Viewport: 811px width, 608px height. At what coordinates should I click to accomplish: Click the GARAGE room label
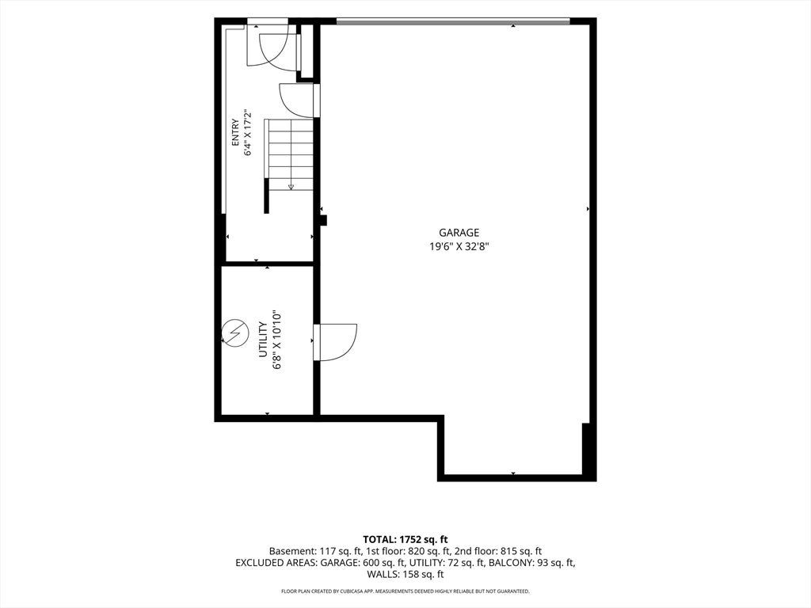[459, 233]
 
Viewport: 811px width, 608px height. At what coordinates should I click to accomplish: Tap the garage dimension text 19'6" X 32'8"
[459, 247]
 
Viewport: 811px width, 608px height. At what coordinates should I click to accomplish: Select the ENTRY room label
[236, 133]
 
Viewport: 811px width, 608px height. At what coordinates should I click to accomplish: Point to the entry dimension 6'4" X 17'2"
[248, 133]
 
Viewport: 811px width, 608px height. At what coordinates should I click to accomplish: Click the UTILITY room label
[263, 340]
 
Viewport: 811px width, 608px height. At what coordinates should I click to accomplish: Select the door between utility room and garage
[335, 341]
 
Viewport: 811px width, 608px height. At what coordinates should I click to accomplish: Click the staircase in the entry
[290, 155]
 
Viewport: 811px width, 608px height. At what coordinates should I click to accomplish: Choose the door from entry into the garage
[298, 100]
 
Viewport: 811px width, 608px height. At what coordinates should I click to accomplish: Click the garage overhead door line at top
[453, 21]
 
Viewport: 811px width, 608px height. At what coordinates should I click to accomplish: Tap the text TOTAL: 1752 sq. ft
[405, 540]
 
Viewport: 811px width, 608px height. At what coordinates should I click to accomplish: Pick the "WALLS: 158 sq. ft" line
[405, 574]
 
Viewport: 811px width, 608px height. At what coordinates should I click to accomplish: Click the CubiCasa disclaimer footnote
[405, 591]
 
